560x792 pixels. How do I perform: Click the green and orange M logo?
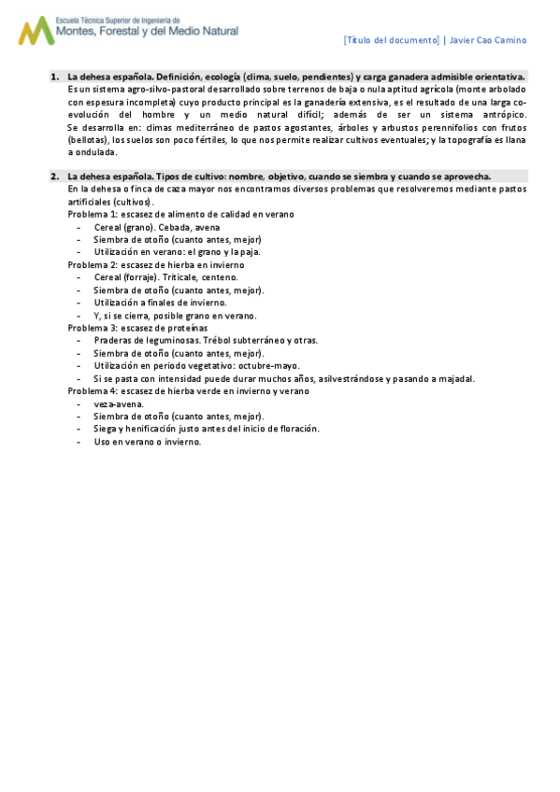(x=36, y=31)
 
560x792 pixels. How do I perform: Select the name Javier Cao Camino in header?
(x=488, y=40)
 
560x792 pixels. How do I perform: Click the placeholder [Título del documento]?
(x=392, y=40)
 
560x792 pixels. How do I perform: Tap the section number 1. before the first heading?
(x=56, y=77)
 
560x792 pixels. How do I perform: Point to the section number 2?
(x=56, y=176)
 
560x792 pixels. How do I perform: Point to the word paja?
(x=251, y=251)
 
